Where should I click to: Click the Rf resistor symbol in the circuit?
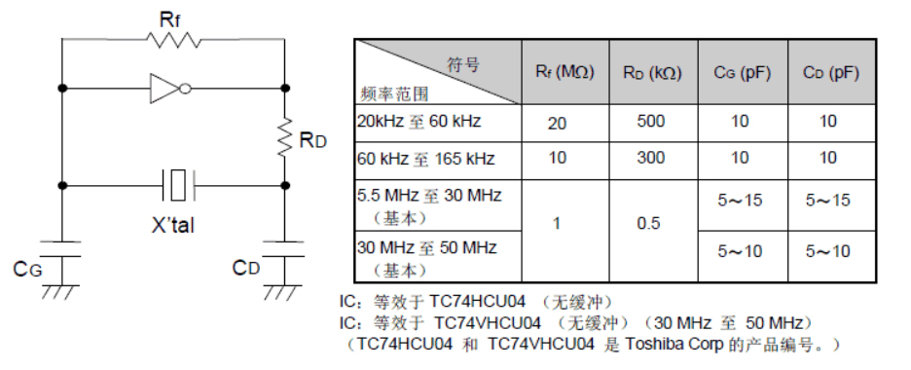[x=173, y=40]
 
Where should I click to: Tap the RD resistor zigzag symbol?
[x=284, y=137]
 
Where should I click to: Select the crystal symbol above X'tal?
[x=176, y=182]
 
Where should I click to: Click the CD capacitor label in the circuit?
[x=245, y=267]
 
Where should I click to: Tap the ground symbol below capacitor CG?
[x=62, y=289]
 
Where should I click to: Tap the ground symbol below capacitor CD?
[x=283, y=289]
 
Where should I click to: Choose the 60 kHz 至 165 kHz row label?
[x=425, y=158]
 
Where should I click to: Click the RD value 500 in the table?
[x=651, y=123]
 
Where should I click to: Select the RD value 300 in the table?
[x=651, y=158]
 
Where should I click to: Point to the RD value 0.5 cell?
[x=651, y=223]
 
